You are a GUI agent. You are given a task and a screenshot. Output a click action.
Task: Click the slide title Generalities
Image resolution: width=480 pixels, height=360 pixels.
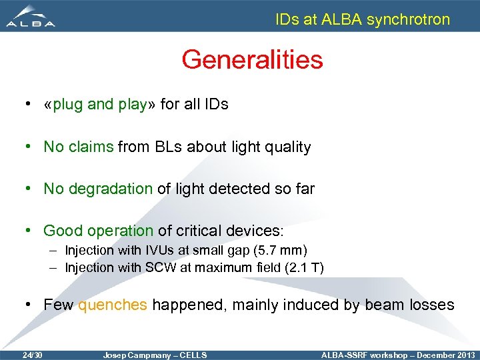click(x=252, y=60)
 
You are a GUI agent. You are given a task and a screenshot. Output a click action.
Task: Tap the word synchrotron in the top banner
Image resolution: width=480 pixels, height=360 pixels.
click(x=409, y=19)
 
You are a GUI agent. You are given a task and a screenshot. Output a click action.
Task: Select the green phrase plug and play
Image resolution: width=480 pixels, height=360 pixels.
click(x=99, y=105)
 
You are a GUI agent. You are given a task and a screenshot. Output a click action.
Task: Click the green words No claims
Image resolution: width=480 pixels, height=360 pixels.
click(x=79, y=147)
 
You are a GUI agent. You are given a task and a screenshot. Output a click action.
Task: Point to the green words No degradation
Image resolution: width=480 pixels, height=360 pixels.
click(x=98, y=189)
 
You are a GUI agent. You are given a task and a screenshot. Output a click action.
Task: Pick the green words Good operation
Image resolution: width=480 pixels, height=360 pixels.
click(x=98, y=231)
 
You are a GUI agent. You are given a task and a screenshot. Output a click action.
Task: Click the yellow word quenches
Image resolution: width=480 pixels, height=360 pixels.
click(x=113, y=305)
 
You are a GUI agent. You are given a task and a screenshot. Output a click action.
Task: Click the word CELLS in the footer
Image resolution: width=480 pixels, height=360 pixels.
click(x=194, y=355)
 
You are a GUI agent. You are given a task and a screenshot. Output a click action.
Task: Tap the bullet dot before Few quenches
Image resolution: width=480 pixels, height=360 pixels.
click(x=29, y=305)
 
